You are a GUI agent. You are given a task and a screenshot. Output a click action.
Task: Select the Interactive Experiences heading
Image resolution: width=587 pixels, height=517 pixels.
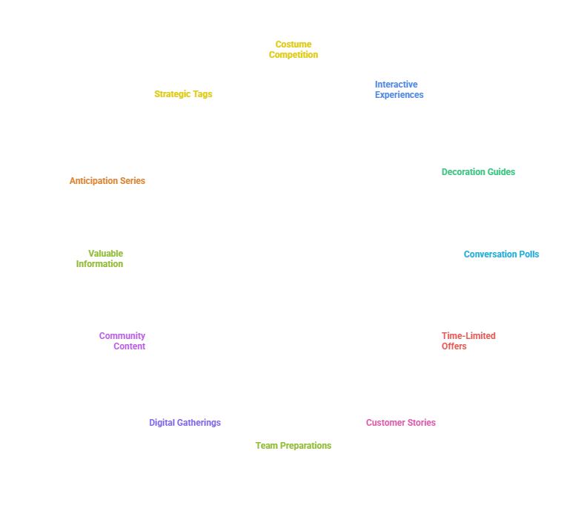(x=399, y=89)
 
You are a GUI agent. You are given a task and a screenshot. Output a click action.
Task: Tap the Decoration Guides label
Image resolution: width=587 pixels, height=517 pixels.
(x=478, y=172)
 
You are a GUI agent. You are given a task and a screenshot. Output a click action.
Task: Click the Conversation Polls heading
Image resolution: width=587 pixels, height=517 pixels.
(x=502, y=254)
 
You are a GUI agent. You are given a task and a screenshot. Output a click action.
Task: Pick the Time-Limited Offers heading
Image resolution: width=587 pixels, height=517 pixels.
(x=468, y=340)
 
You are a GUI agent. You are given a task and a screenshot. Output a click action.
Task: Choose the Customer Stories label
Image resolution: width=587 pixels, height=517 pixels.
(x=400, y=423)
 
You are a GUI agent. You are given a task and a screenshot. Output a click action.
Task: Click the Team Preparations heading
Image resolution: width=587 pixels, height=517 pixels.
(x=293, y=446)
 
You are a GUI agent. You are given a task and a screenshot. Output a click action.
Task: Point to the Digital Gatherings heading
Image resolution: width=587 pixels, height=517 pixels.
(x=185, y=423)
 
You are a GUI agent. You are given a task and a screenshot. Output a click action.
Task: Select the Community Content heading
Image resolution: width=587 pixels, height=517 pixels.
(x=122, y=340)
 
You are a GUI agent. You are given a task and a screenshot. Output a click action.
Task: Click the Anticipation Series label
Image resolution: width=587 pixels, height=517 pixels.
(x=107, y=181)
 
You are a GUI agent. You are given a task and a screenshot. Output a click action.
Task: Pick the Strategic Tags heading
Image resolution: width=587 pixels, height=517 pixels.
(x=183, y=94)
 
